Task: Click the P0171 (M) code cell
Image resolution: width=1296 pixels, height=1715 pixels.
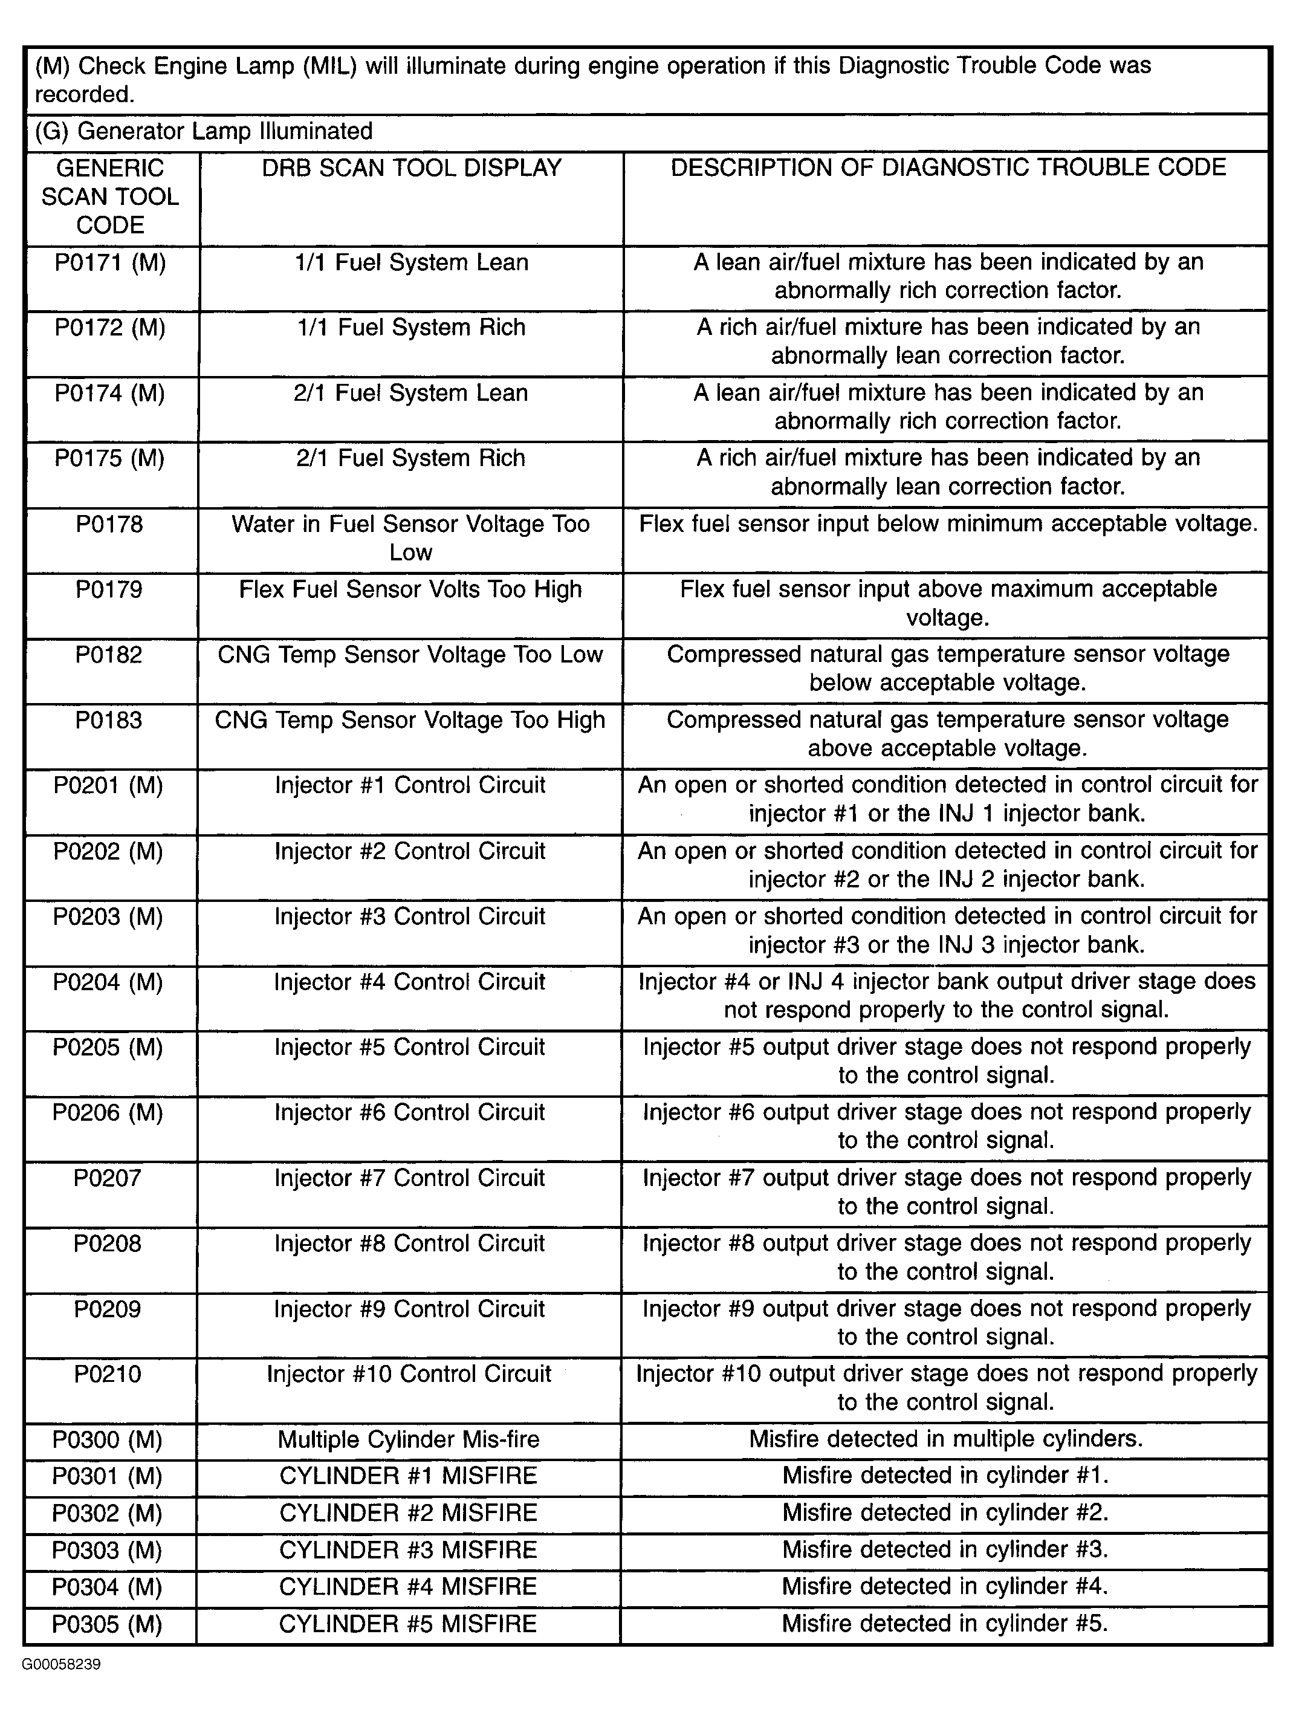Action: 110,264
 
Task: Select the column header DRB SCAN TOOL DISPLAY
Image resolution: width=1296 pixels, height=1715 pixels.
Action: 411,168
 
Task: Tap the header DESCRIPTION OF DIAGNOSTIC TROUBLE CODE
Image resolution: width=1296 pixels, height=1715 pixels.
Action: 947,167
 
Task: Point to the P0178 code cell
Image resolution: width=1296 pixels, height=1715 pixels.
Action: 109,525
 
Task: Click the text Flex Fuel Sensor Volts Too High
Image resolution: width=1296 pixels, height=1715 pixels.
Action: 410,590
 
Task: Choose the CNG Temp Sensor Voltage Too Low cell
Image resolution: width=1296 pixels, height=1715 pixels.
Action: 410,655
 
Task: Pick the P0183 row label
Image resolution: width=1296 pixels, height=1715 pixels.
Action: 109,720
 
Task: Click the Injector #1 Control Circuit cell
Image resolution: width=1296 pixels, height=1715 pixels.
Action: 410,785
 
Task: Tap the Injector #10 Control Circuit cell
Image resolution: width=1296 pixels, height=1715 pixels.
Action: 409,1374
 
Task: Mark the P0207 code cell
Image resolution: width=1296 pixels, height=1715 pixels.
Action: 108,1178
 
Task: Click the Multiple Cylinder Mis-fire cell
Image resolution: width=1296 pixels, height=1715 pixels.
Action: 409,1440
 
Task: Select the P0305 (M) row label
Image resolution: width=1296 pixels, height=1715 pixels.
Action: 107,1624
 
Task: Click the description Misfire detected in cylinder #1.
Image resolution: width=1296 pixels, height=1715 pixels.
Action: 945,1476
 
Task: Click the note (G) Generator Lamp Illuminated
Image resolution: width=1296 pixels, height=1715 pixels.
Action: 204,131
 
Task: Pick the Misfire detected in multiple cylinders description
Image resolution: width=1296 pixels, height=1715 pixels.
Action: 945,1440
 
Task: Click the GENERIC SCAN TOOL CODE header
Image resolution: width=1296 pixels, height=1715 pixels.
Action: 110,197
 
